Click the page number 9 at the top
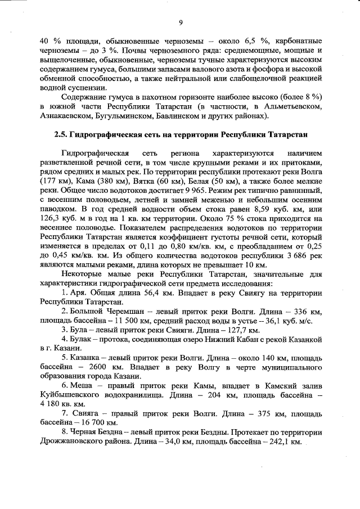click(x=181, y=22)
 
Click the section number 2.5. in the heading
click(x=61, y=136)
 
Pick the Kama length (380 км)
click(x=115, y=183)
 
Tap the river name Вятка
click(x=145, y=183)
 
